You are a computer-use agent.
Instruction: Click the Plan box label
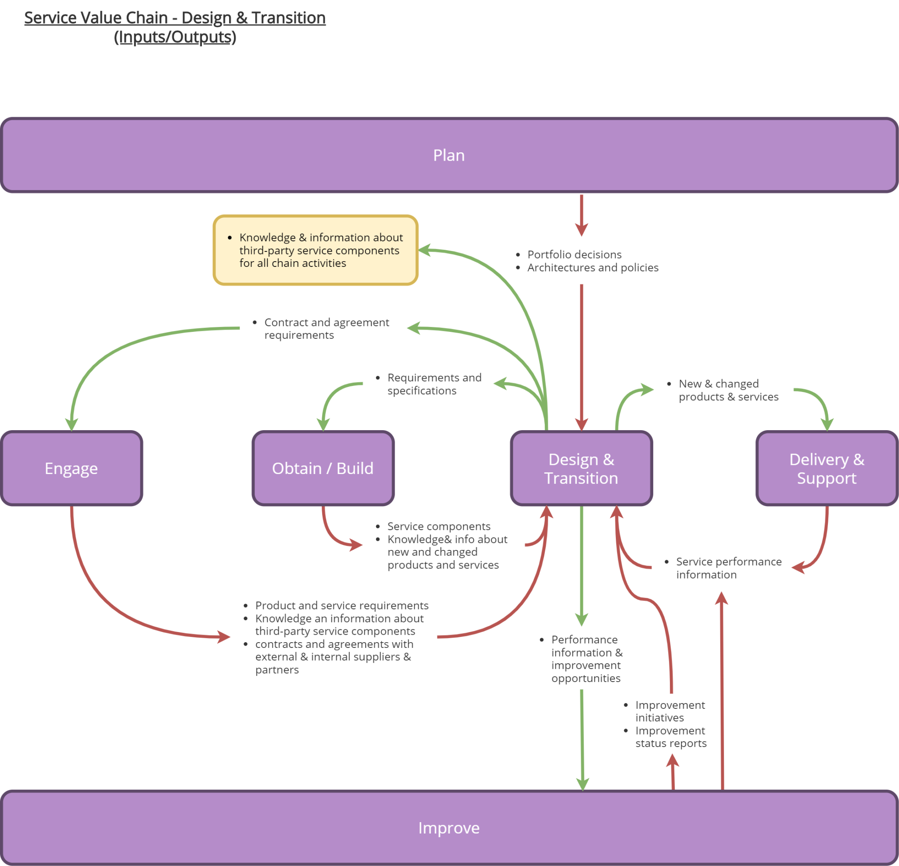449,155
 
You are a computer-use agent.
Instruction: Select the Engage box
71,468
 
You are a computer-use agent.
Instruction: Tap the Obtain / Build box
323,468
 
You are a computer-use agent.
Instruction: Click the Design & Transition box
581,468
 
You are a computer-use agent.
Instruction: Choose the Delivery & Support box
827,468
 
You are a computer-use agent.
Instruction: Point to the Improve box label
449,828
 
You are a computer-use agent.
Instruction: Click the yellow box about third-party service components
316,251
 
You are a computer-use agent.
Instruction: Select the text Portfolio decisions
574,255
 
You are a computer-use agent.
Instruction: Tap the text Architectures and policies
593,267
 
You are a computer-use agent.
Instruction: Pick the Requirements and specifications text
433,384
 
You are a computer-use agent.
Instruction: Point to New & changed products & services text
728,390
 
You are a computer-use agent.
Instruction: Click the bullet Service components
439,526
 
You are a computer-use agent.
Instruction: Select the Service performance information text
728,568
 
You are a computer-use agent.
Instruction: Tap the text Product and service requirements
342,605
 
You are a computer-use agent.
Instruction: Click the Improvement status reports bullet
670,737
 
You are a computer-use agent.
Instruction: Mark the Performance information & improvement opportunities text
586,659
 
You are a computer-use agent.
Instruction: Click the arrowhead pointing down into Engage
72,425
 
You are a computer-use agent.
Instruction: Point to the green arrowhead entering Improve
583,784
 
